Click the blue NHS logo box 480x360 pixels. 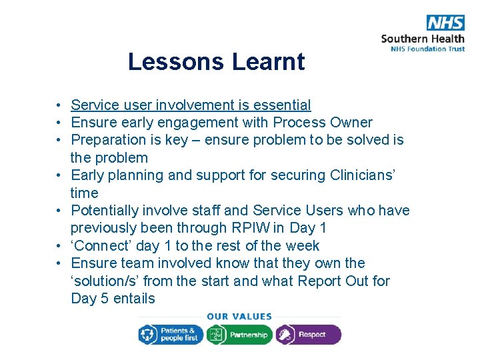(x=445, y=22)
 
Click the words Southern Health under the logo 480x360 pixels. (x=423, y=38)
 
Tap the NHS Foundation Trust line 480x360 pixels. (x=423, y=49)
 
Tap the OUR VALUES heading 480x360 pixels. (x=239, y=317)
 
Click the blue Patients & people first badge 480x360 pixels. (x=170, y=335)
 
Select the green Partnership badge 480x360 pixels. (x=239, y=335)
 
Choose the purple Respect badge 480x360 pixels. (x=308, y=335)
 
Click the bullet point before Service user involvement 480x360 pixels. (x=59, y=106)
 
